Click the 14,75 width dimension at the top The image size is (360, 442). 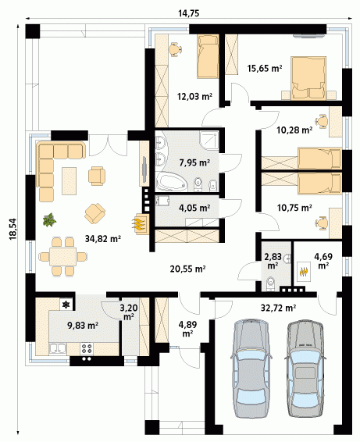tap(189, 13)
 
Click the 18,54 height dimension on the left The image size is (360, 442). tap(13, 230)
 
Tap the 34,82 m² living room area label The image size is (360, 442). tap(103, 239)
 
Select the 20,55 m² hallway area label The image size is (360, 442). tap(187, 269)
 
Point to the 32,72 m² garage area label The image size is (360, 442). tap(278, 308)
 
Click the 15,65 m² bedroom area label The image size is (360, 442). tap(265, 68)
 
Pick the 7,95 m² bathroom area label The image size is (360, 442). tap(194, 162)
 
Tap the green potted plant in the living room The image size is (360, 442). tap(49, 220)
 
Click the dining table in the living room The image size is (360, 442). tap(63, 256)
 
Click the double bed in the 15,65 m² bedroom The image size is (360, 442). tap(308, 78)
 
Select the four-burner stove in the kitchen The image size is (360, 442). tap(87, 348)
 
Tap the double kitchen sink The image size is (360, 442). tap(58, 348)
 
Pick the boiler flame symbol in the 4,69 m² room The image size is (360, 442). tap(303, 272)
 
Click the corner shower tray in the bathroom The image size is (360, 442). tap(209, 141)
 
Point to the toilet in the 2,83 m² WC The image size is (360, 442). tap(271, 283)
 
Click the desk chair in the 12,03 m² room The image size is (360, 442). tap(175, 49)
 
